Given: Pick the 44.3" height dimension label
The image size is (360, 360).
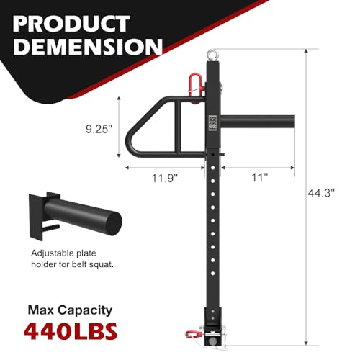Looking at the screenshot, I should tap(325, 193).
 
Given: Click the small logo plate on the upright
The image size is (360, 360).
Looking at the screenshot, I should tap(215, 122).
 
